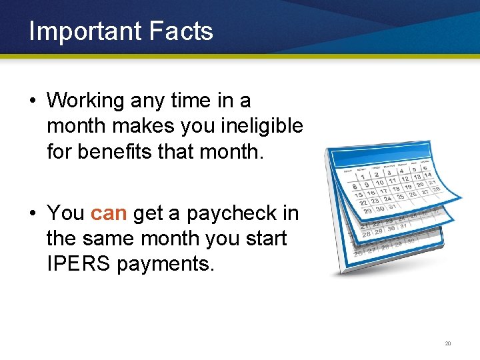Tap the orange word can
tap(108, 213)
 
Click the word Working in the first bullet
tap(86, 101)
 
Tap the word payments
tap(166, 263)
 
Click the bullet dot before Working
tap(31, 101)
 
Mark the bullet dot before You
tap(31, 214)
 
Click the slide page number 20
tap(448, 343)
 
